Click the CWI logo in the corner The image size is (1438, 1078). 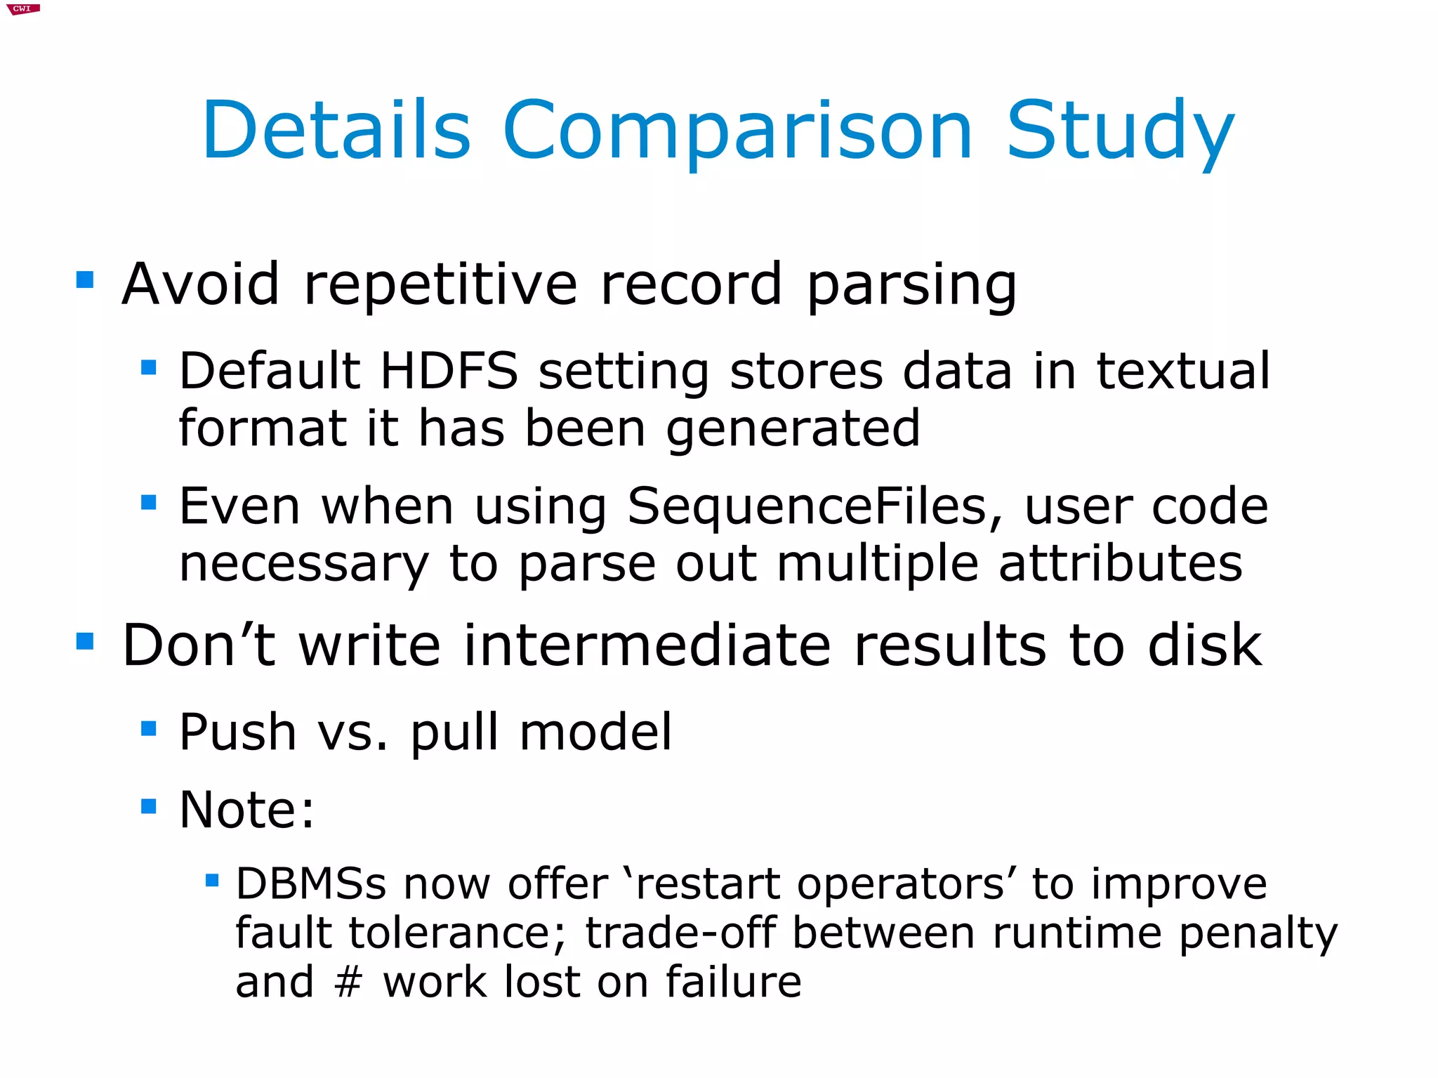click(22, 9)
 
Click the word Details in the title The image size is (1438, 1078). click(336, 131)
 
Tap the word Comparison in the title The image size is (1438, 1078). click(737, 132)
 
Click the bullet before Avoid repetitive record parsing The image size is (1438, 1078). click(85, 280)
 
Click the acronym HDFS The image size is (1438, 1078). click(449, 370)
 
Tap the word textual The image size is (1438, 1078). click(1182, 370)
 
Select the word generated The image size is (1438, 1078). click(793, 428)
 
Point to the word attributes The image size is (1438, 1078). click(1120, 563)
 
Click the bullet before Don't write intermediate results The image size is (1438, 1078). click(85, 641)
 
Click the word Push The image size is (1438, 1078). click(237, 732)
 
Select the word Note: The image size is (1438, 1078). click(246, 810)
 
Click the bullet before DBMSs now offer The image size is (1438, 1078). click(212, 879)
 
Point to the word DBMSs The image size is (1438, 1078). click(310, 883)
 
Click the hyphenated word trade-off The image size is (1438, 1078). click(680, 933)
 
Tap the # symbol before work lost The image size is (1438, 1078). click(348, 982)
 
